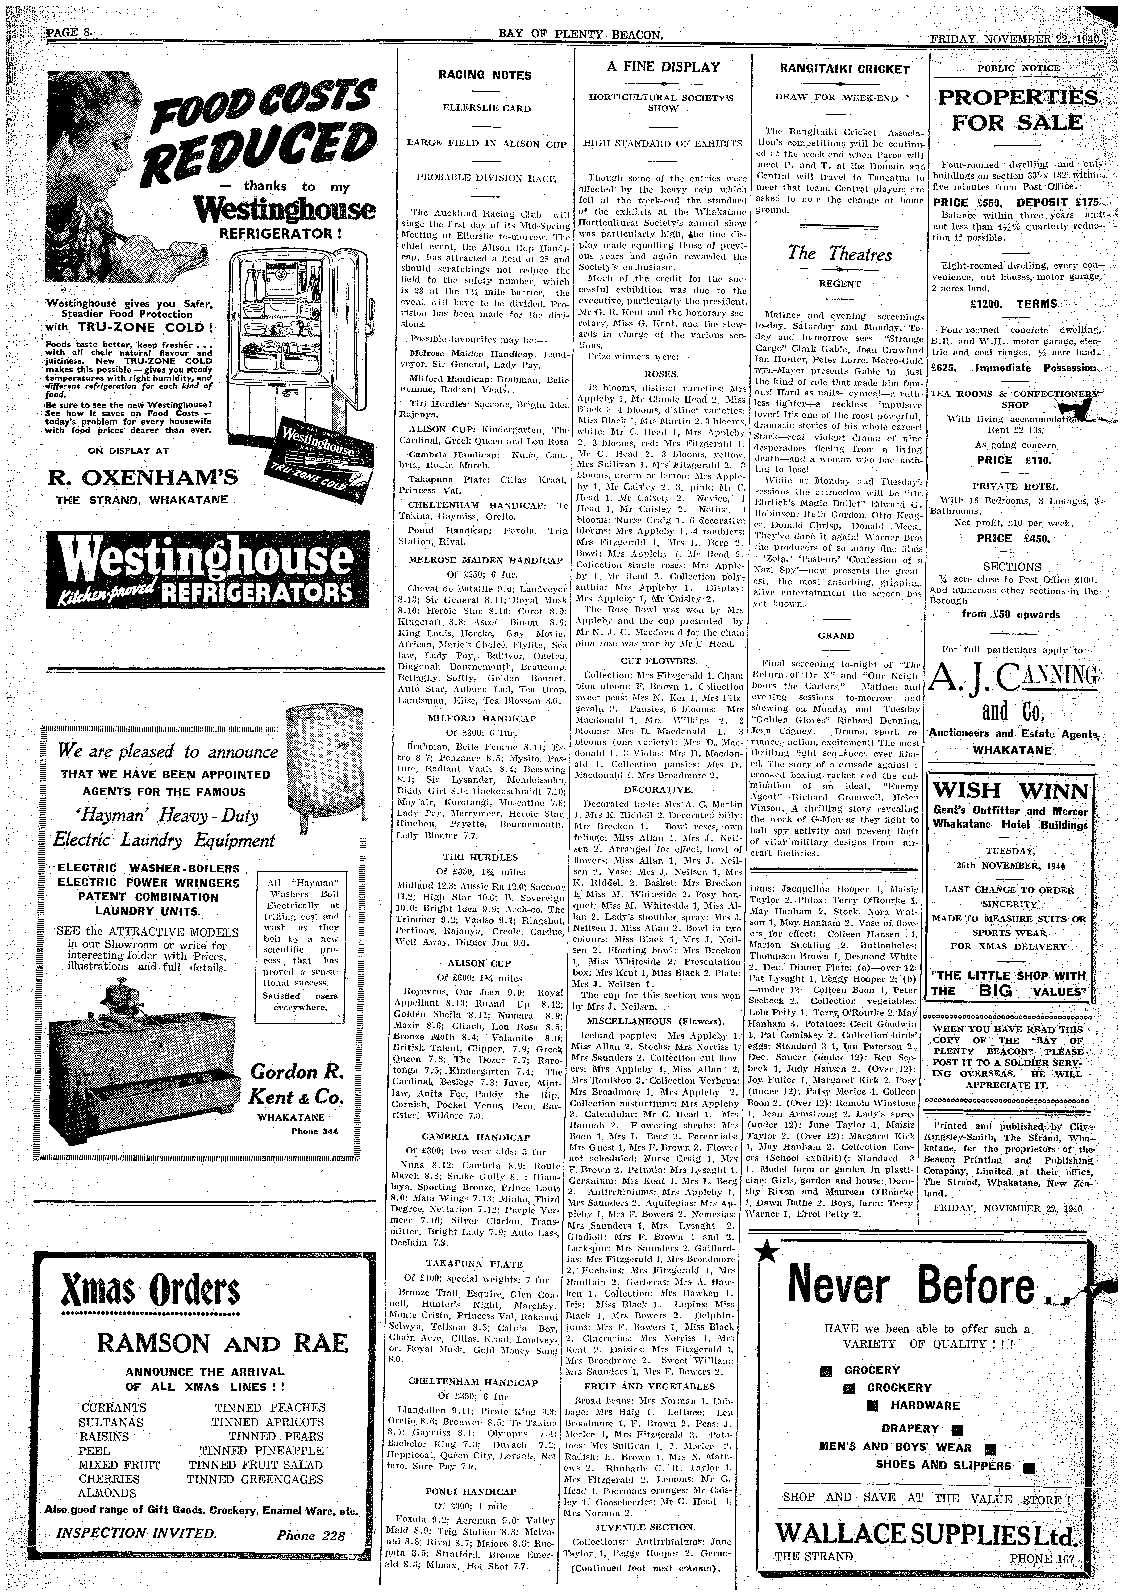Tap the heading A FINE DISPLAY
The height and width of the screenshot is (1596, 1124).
tap(662, 67)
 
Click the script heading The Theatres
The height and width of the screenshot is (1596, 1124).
tap(840, 254)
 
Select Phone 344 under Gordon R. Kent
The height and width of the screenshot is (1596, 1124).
tap(315, 1131)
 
